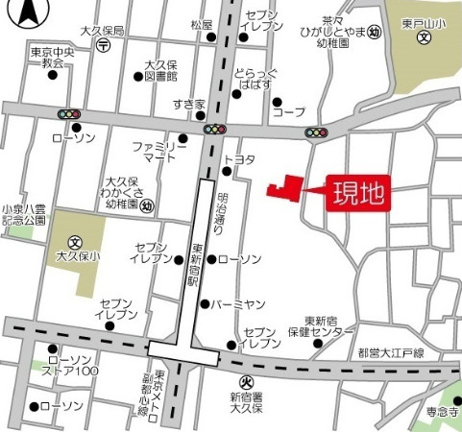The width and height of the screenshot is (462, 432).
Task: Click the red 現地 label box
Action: pyautogui.click(x=359, y=193)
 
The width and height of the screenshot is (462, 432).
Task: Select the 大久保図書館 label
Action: pyautogui.click(x=160, y=71)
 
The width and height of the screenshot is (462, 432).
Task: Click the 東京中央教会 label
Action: pyautogui.click(x=52, y=57)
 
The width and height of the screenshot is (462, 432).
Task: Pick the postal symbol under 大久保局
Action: pyautogui.click(x=104, y=44)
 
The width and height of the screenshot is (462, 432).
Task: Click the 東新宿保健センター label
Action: pyautogui.click(x=318, y=327)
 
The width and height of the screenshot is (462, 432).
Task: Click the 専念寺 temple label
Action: pyautogui.click(x=446, y=410)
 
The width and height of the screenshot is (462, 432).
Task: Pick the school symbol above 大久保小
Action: pyautogui.click(x=73, y=241)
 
